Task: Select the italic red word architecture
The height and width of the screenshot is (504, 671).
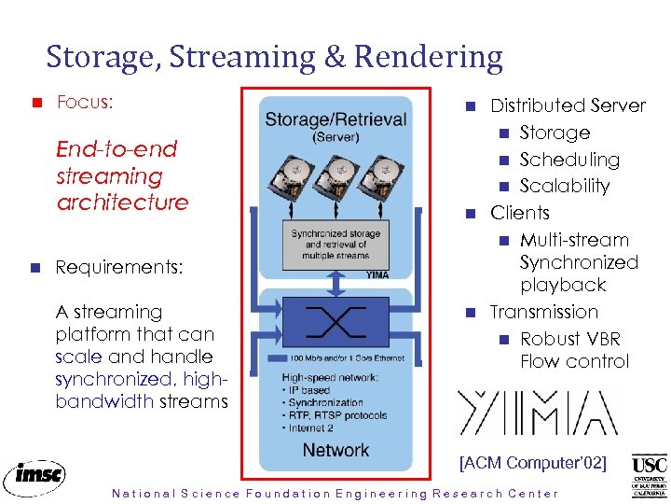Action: tap(122, 202)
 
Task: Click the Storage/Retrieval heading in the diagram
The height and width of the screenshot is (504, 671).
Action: tap(335, 119)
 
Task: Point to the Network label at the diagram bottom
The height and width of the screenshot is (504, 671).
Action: tap(335, 450)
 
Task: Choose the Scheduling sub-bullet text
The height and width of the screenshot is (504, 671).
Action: tap(568, 160)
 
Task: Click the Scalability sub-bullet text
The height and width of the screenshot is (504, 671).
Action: tap(564, 186)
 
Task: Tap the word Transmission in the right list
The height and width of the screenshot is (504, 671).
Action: tap(543, 312)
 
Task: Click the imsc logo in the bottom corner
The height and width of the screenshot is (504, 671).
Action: tap(34, 475)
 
